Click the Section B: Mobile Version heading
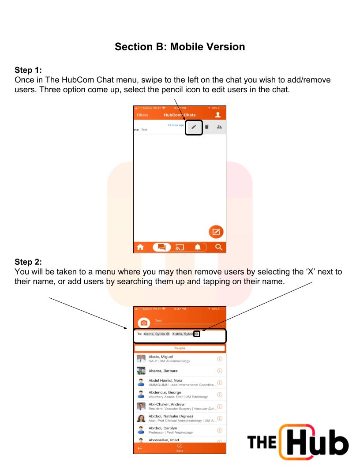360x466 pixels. (180, 46)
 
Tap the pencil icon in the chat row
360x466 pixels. (193, 127)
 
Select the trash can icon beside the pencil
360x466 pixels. (206, 127)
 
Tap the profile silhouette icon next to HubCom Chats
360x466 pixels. (217, 115)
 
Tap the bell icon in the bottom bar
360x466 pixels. (197, 248)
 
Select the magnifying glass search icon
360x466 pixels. (218, 248)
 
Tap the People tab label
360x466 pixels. (180, 348)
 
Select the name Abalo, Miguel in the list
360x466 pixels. (161, 357)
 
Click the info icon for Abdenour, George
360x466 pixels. (219, 395)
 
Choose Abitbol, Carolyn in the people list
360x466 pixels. (163, 428)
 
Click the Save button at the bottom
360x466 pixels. (180, 448)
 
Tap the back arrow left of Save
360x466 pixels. (140, 448)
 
